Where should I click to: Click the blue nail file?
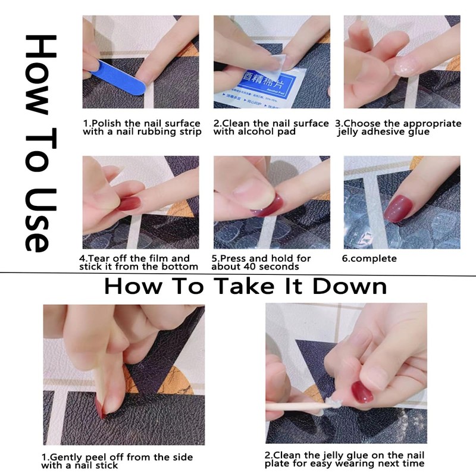pyautogui.click(x=118, y=77)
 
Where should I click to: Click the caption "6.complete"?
pyautogui.click(x=369, y=259)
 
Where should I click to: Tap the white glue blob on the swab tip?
pyautogui.click(x=333, y=403)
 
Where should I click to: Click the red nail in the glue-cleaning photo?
pyautogui.click(x=362, y=392)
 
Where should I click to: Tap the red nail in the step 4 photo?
pyautogui.click(x=129, y=203)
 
